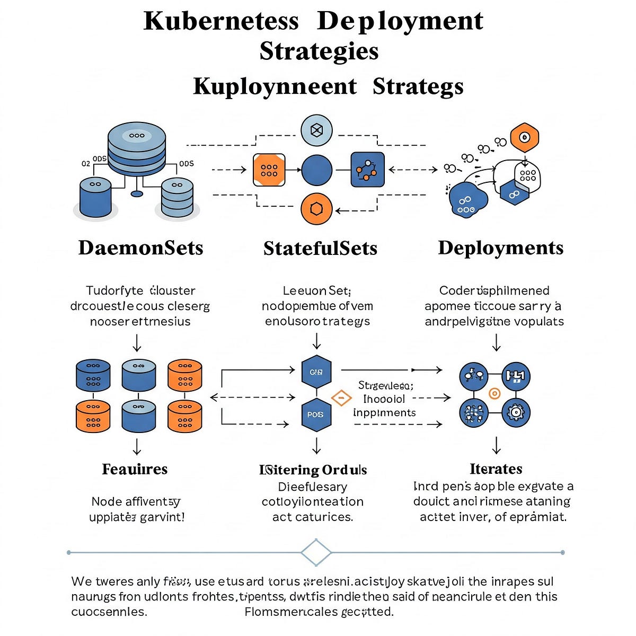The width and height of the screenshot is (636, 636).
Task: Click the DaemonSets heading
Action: (140, 248)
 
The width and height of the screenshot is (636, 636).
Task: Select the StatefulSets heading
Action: (320, 248)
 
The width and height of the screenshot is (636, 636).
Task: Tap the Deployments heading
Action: (500, 248)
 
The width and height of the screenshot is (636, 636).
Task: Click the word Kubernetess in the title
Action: (221, 21)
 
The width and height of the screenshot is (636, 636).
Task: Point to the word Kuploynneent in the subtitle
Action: (275, 86)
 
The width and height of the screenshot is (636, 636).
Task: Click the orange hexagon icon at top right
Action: (524, 138)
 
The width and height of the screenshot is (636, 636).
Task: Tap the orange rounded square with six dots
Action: (269, 170)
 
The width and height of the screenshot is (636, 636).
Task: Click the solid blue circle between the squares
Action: (317, 170)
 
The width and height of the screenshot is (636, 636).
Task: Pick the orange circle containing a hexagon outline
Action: (316, 209)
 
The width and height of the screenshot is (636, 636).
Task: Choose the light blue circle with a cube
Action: (316, 130)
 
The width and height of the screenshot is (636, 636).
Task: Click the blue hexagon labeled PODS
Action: (316, 414)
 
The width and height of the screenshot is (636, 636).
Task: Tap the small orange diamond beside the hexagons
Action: (341, 397)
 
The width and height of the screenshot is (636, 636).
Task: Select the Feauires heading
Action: (135, 469)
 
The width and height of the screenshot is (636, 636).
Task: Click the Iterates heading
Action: (496, 469)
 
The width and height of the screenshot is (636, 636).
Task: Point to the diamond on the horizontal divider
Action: (316, 553)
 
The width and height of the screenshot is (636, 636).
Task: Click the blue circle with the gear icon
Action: (515, 412)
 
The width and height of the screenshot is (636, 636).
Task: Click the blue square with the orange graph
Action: (367, 170)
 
